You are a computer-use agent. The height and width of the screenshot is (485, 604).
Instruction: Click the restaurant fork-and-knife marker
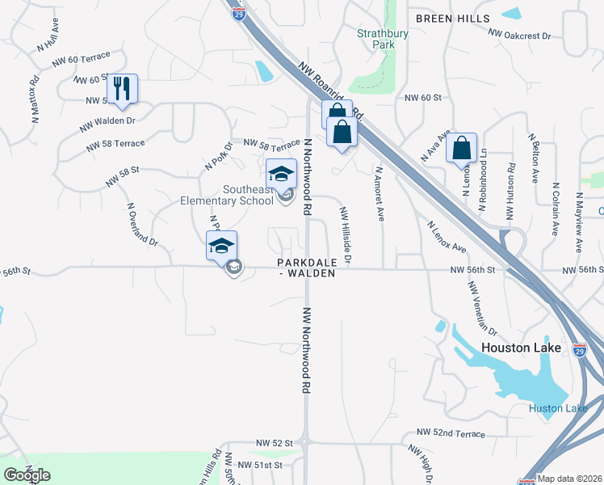click(x=122, y=88)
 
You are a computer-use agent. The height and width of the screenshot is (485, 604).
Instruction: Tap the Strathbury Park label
click(x=377, y=39)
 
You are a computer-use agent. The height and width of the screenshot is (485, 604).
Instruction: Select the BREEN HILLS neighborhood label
click(x=452, y=18)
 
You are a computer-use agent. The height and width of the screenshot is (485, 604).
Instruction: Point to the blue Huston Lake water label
click(x=558, y=408)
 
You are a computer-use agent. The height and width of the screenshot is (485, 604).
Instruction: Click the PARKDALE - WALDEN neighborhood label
click(x=305, y=268)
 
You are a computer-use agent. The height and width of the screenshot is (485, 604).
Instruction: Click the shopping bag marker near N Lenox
click(x=461, y=149)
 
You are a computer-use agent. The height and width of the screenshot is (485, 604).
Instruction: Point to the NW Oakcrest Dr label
click(x=519, y=36)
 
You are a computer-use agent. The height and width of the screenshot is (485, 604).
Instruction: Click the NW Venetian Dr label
click(x=483, y=307)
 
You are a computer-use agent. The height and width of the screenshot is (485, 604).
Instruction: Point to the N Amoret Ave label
click(x=379, y=194)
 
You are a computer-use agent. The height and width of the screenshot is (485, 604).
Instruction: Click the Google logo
click(x=27, y=475)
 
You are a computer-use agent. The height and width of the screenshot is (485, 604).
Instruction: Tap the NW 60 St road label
click(x=424, y=97)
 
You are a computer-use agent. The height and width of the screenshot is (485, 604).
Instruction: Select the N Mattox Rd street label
click(x=34, y=99)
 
